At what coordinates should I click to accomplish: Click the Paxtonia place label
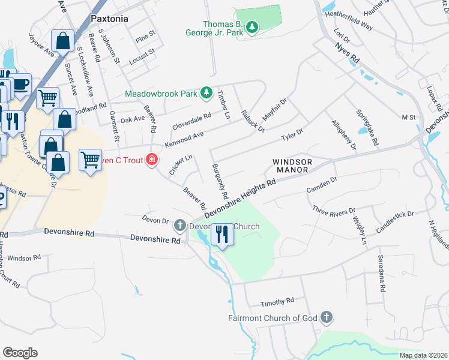pyautogui.click(x=109, y=19)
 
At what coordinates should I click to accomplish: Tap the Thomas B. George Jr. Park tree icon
pyautogui.click(x=253, y=28)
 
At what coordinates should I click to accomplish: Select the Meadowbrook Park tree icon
pyautogui.click(x=206, y=93)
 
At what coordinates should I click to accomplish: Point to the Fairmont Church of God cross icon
pyautogui.click(x=326, y=317)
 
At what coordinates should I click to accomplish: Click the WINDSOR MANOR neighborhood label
pyautogui.click(x=292, y=166)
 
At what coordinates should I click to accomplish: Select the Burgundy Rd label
pyautogui.click(x=220, y=181)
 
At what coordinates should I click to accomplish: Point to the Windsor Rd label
pyautogui.click(x=24, y=257)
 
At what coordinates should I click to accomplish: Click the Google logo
pyautogui.click(x=20, y=353)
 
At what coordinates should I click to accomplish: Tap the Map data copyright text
pyautogui.click(x=423, y=355)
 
